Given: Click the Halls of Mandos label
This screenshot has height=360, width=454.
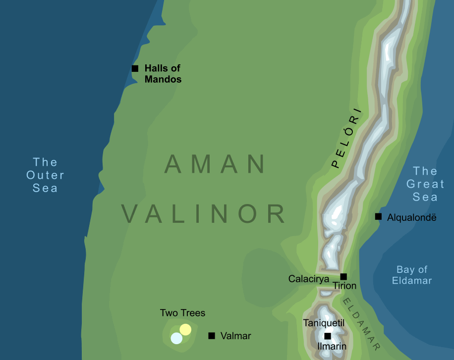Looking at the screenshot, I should pos(163,73).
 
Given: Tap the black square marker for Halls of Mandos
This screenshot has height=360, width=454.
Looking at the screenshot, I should pos(135,68).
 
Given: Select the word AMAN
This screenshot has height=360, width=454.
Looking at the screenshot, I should pos(215,164).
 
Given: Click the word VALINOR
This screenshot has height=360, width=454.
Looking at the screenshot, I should pos(204,214).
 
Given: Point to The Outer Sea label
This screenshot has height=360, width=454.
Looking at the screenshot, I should pos(45,175).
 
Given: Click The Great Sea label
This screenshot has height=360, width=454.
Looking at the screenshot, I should pos(425,184).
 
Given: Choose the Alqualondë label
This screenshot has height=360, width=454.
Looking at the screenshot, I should pos(412,217).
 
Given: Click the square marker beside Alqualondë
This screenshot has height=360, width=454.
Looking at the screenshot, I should pos(378,216).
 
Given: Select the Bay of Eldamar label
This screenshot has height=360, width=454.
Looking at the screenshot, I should pos(412,275).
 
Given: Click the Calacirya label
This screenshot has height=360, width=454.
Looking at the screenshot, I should pos(309,279).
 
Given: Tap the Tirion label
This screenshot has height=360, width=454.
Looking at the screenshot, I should pos(344,286).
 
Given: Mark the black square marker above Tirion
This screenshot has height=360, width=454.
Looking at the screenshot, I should pos(343,276).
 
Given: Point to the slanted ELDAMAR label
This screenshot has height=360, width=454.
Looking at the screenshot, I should pos(362,324).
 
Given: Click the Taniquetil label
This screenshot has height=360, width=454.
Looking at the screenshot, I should pos(324,323).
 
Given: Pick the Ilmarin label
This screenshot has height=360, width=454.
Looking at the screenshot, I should pos(332,347).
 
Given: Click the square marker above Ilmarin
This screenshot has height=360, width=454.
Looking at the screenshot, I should pos(328,336).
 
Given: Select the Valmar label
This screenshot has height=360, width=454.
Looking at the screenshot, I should pos(235,336).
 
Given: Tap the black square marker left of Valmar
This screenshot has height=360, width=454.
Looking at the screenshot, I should pos(212,336).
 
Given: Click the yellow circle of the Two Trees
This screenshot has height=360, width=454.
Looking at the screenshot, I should pos(185,329).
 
